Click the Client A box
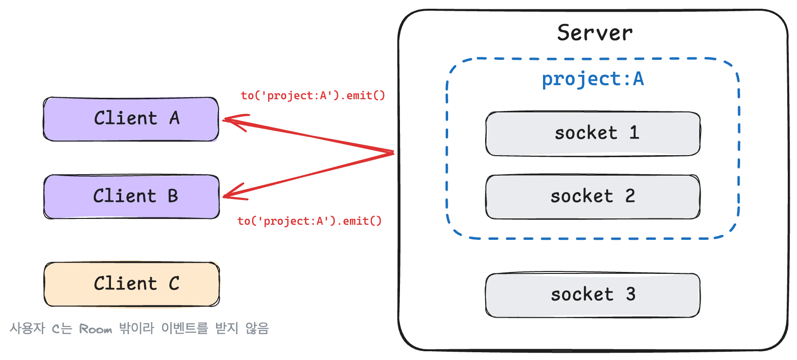pos(131,119)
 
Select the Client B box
pos(131,197)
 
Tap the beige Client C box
pos(131,284)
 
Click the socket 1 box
pos(593,133)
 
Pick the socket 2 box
pos(593,197)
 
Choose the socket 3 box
pos(593,295)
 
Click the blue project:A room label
pos(593,79)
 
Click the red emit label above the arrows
pos(313,95)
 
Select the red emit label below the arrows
pos(310,221)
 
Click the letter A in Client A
pos(174,118)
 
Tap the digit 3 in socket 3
pos(631,294)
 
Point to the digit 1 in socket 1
pos(634,133)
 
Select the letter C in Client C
pos(174,284)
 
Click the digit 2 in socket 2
pos(630,196)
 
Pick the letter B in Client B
pos(173,196)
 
